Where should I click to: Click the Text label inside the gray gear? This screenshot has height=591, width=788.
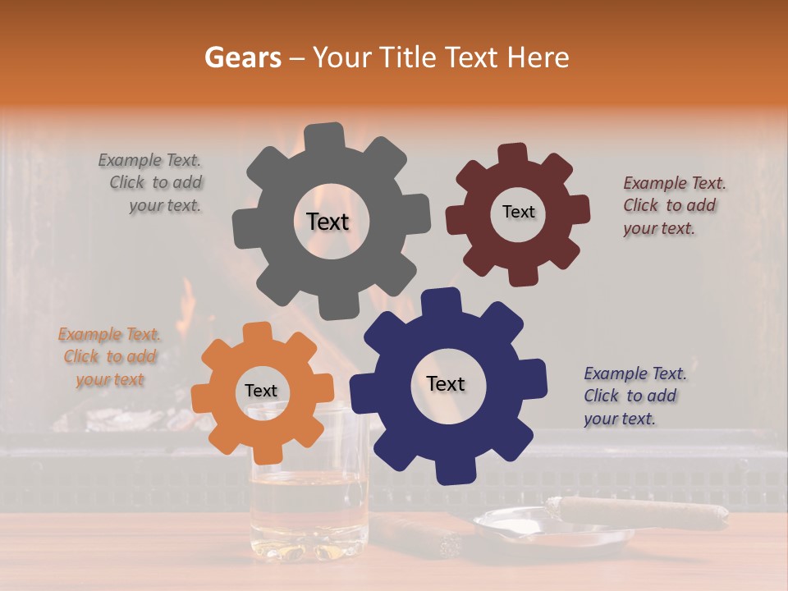(x=328, y=222)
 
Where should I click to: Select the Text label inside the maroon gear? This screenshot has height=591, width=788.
(x=518, y=212)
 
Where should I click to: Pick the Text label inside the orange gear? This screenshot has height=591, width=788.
(x=261, y=392)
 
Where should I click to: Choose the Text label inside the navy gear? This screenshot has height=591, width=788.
(x=446, y=384)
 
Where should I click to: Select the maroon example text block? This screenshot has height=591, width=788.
(x=673, y=205)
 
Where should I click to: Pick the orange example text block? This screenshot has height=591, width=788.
(x=109, y=357)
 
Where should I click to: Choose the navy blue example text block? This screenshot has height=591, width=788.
(x=634, y=396)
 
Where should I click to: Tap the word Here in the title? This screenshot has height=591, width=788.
(x=538, y=57)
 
